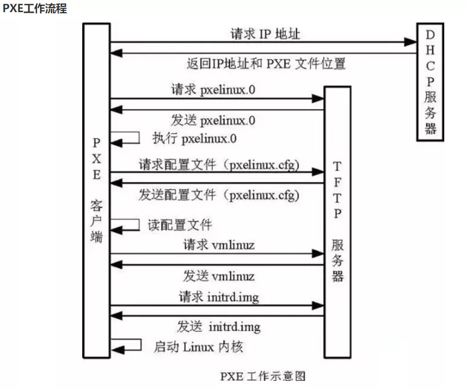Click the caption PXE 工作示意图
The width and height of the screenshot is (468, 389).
(262, 376)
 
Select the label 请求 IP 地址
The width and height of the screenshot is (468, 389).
(265, 34)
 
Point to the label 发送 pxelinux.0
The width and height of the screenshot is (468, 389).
(213, 120)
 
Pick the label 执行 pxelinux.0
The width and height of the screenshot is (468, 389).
(195, 139)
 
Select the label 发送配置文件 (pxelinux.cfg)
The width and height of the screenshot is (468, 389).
(219, 195)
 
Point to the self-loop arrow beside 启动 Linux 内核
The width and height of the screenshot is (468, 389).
(127, 345)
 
